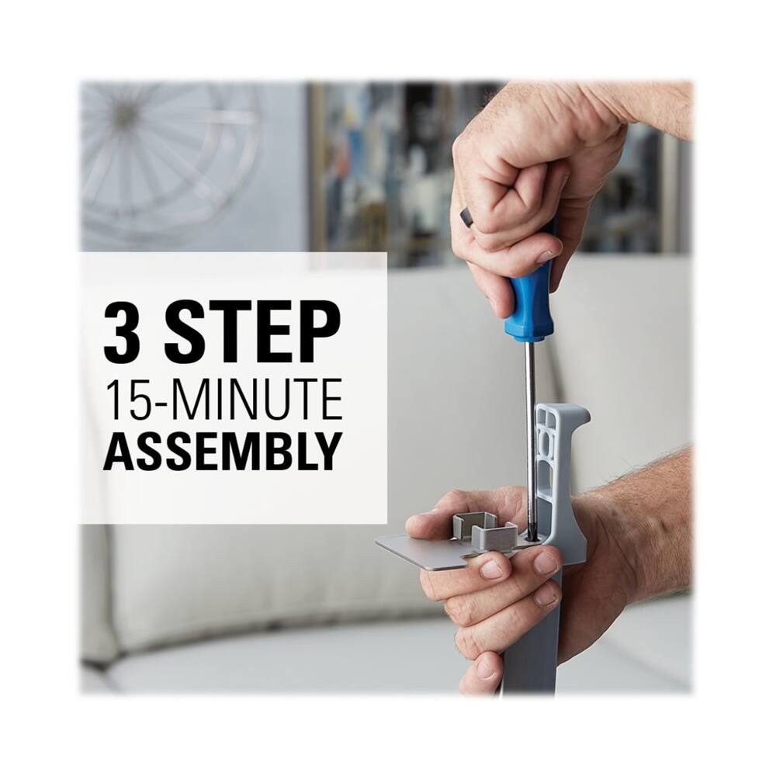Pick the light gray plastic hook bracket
tap(559, 470)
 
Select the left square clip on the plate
tap(475, 525)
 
